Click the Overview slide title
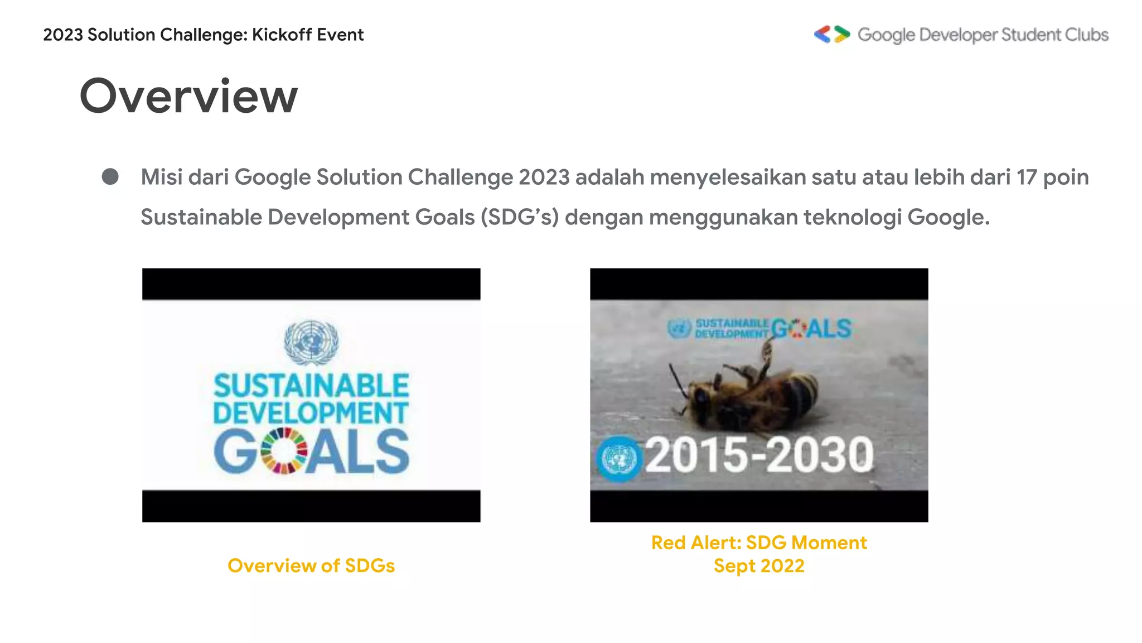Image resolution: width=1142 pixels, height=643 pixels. pyautogui.click(x=188, y=97)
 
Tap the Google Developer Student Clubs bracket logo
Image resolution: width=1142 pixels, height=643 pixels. pyautogui.click(x=831, y=35)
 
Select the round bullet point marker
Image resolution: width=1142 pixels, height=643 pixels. pyautogui.click(x=110, y=177)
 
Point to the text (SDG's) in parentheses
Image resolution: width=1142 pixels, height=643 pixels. pyautogui.click(x=520, y=217)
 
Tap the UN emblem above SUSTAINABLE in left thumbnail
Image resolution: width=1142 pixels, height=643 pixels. pyautogui.click(x=311, y=342)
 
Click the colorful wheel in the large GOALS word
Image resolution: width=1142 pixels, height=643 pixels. pyautogui.click(x=284, y=451)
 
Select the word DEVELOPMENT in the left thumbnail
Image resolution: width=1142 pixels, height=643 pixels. pyautogui.click(x=311, y=413)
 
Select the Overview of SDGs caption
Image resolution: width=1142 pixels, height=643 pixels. pyautogui.click(x=311, y=566)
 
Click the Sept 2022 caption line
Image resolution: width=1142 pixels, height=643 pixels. pyautogui.click(x=759, y=566)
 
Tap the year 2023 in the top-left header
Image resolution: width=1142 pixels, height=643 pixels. pyautogui.click(x=62, y=35)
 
